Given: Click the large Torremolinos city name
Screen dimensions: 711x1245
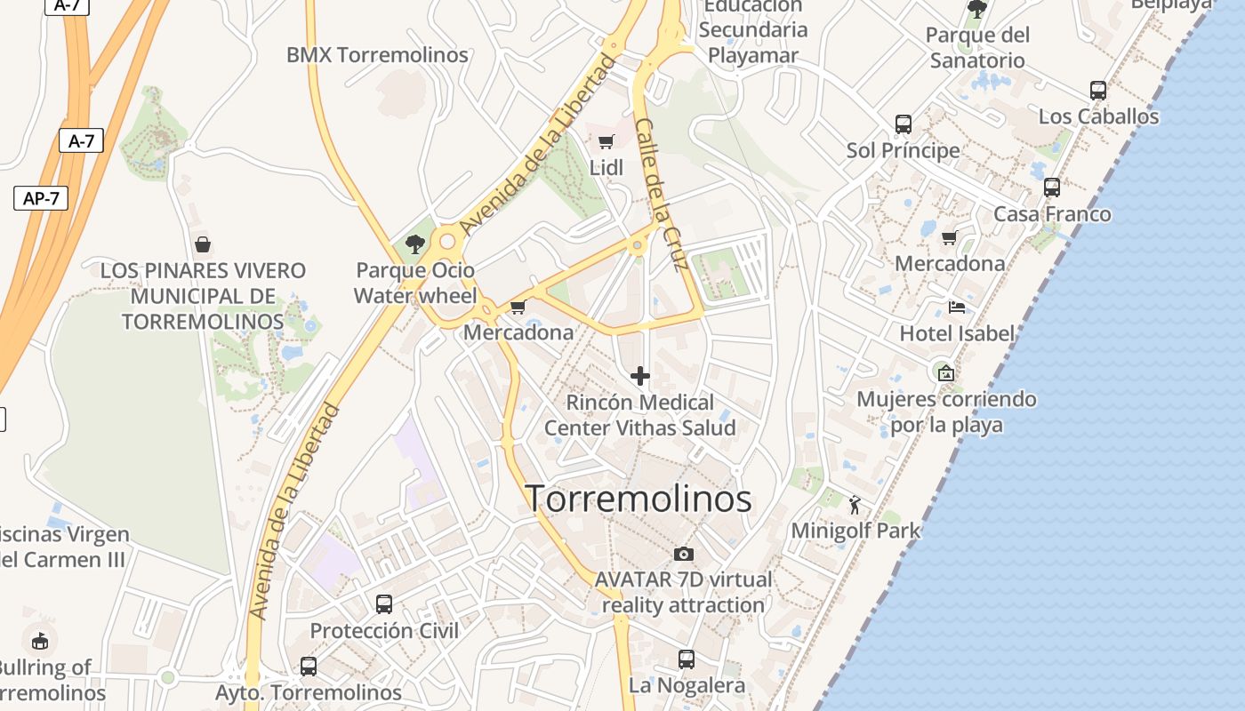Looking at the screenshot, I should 639,499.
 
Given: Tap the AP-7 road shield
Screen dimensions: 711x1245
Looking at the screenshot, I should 41,197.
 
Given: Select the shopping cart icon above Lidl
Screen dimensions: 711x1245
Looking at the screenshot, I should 606,141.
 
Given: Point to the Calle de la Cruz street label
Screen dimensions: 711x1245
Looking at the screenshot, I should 662,195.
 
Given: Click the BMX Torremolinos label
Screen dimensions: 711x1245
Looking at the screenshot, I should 377,55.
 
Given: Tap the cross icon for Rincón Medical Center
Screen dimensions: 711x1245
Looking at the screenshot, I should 639,376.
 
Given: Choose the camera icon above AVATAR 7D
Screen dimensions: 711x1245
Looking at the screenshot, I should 683,554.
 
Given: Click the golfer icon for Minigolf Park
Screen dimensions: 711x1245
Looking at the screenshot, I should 855,505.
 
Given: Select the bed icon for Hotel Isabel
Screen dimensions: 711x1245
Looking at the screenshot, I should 957,308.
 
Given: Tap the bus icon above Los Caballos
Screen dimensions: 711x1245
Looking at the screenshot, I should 1098,90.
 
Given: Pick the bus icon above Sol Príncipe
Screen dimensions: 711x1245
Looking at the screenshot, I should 904,124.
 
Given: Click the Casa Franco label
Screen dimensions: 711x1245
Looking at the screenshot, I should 1052,214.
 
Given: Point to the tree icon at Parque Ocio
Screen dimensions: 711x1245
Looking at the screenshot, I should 414,244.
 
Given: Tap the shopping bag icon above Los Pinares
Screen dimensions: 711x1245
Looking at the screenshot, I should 203,244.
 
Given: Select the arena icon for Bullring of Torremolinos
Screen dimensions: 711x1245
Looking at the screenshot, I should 40,640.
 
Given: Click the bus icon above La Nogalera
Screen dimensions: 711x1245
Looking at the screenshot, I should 686,659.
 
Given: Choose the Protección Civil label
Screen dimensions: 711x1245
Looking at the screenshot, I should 384,631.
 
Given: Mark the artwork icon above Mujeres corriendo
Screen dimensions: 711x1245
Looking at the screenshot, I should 945,372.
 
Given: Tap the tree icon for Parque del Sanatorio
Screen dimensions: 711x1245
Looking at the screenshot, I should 976,9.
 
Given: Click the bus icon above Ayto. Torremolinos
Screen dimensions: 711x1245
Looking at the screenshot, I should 309,666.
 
